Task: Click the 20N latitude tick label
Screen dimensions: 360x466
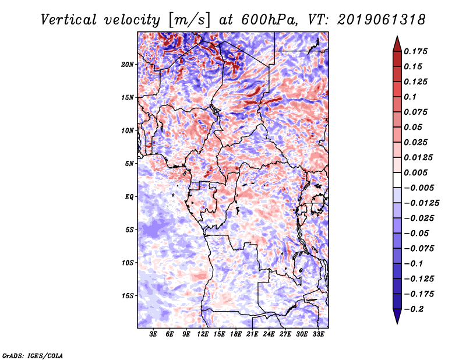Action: pyautogui.click(x=128, y=64)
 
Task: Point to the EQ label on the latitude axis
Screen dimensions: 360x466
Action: pyautogui.click(x=129, y=196)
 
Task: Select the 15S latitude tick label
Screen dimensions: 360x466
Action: pyautogui.click(x=128, y=295)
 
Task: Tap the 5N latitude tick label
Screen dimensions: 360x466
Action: pyautogui.click(x=129, y=163)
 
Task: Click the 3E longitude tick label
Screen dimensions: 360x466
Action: pyautogui.click(x=154, y=335)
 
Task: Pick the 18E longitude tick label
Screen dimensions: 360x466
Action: pyautogui.click(x=236, y=335)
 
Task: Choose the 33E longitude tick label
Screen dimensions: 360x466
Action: pyautogui.click(x=318, y=335)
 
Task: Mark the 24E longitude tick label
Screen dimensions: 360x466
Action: pyautogui.click(x=269, y=335)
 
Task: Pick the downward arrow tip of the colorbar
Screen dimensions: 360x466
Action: pyautogui.click(x=397, y=322)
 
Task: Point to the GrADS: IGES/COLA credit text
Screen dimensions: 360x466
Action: pyautogui.click(x=32, y=355)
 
